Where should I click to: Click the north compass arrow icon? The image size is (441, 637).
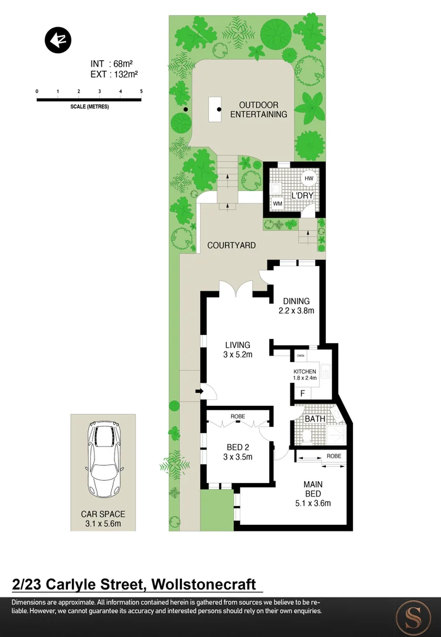58,40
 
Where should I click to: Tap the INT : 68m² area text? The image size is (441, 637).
114,64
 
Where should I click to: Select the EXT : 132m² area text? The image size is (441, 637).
114,74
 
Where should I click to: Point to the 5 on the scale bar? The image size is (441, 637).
141,91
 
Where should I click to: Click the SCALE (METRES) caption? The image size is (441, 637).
89,107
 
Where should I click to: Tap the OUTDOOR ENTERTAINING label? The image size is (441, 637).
259,110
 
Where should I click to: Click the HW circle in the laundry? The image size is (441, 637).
309,179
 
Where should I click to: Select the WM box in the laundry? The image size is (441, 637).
277,203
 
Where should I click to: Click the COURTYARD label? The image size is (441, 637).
231,245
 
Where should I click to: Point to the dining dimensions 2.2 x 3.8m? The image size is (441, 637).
296,311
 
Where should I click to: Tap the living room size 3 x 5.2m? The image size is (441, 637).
238,354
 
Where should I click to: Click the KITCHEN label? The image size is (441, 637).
305,371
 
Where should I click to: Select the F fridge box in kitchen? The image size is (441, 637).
303,393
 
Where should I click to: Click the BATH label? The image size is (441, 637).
315,419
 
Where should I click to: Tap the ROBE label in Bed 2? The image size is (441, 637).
238,416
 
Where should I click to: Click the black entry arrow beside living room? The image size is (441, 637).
199,390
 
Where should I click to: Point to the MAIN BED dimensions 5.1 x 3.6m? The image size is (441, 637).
312,503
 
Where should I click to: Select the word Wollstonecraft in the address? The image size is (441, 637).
204,585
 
